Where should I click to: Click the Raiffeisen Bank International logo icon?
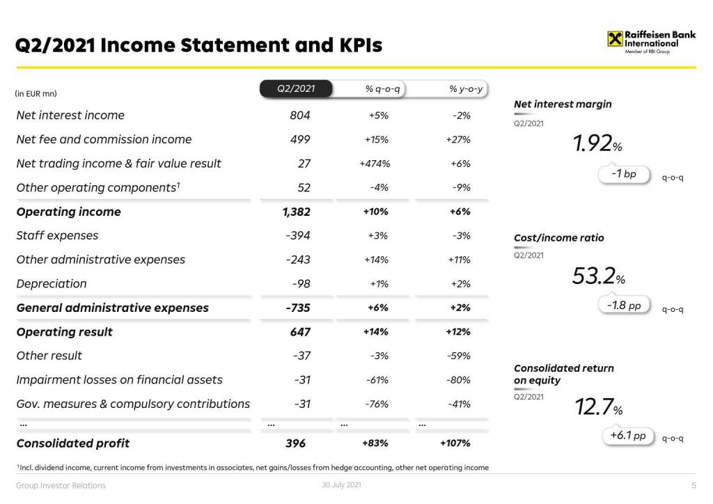(614, 39)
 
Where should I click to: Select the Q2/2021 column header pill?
(296, 89)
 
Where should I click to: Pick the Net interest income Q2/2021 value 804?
(300, 116)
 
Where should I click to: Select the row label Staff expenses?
(57, 235)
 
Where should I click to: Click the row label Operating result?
(64, 332)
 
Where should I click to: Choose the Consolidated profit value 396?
(295, 443)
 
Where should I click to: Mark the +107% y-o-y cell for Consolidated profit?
(455, 443)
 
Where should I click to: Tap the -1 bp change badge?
(623, 174)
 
